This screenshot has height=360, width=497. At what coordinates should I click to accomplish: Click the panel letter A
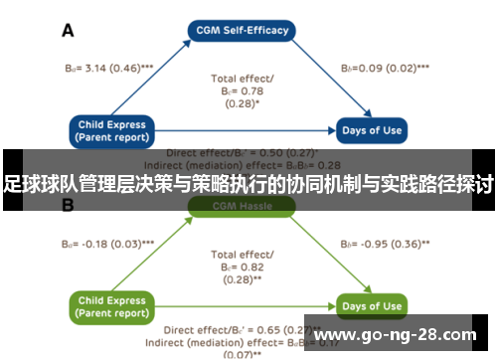69,31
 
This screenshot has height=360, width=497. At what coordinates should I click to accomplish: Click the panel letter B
69,206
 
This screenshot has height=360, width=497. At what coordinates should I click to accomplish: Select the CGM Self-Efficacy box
242,30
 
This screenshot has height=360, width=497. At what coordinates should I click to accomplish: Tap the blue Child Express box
113,130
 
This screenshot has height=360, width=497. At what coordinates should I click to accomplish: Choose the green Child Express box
113,305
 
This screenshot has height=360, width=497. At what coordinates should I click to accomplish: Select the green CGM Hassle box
242,207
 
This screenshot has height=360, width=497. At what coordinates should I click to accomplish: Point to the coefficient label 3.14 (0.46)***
100,68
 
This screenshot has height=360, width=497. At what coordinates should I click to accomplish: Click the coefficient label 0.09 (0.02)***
385,68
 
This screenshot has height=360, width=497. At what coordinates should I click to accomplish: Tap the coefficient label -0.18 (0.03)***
99,243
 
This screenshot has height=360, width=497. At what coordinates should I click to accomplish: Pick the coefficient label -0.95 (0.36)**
386,243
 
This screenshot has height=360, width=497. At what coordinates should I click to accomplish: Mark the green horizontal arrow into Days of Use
248,305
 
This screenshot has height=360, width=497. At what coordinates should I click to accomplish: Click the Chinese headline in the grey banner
248,183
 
